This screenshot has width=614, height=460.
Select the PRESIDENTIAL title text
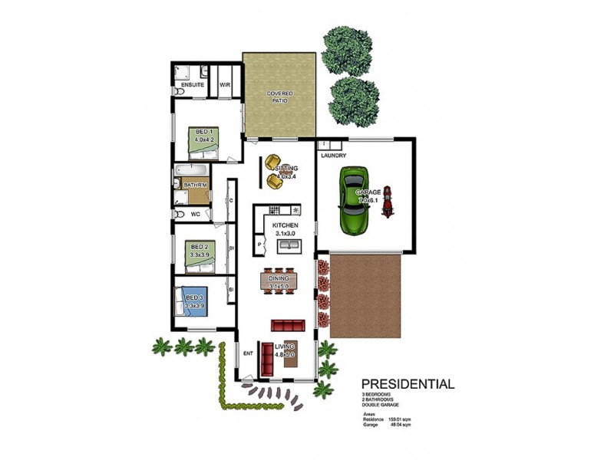pos(408,384)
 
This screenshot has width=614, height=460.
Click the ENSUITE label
pos(193,84)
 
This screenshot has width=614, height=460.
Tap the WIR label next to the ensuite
pos(226,84)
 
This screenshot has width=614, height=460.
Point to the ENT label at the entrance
pos(248,353)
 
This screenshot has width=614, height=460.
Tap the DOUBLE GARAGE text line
pos(381,404)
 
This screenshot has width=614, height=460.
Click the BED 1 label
pos(203,132)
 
